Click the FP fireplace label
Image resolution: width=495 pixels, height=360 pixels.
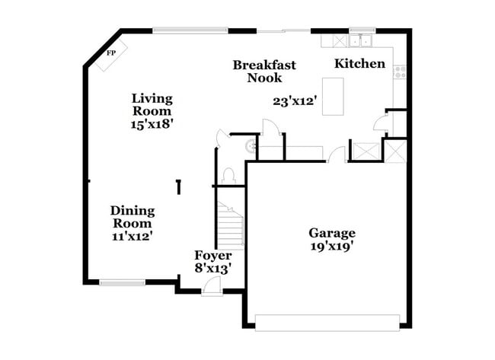pos(111,53)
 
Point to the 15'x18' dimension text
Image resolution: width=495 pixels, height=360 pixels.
pos(152,124)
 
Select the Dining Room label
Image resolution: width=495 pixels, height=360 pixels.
pos(133,217)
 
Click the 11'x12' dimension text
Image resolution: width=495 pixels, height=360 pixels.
pos(133,236)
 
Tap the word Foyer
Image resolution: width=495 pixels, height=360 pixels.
pos(212,255)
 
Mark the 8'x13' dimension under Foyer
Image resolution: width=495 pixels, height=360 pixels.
pos(212,268)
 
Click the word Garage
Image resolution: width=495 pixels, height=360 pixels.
pos(331,233)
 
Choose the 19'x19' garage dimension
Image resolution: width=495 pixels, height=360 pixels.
pos(331,247)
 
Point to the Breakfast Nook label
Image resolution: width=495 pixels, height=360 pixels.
pos(264,71)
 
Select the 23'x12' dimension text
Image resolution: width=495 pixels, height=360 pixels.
pos(295,100)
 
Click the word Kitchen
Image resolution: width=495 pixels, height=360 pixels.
pos(359,63)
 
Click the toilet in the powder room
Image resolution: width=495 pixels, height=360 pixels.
pos(228,175)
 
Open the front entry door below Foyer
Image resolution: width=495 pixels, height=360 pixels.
pos(212,287)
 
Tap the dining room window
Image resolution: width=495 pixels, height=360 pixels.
pos(122,283)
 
